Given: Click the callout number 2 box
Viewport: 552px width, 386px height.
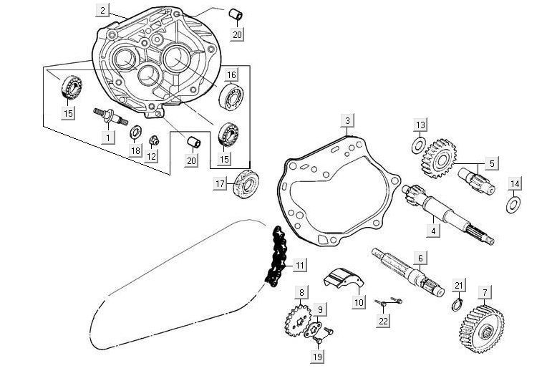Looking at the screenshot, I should pyautogui.click(x=104, y=10).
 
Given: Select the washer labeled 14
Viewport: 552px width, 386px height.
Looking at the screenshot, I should pyautogui.click(x=513, y=206).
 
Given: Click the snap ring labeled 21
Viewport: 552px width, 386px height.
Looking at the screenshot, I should pyautogui.click(x=455, y=306).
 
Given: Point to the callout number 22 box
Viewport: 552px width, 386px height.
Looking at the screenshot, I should pyautogui.click(x=383, y=321).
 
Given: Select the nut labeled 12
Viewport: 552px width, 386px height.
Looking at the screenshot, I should pyautogui.click(x=152, y=140).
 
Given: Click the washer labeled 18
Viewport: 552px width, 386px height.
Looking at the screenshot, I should pyautogui.click(x=134, y=133).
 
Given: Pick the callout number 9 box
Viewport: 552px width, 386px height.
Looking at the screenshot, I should pyautogui.click(x=321, y=309).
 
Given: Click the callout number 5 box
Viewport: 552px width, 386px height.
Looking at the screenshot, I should pyautogui.click(x=490, y=163).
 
